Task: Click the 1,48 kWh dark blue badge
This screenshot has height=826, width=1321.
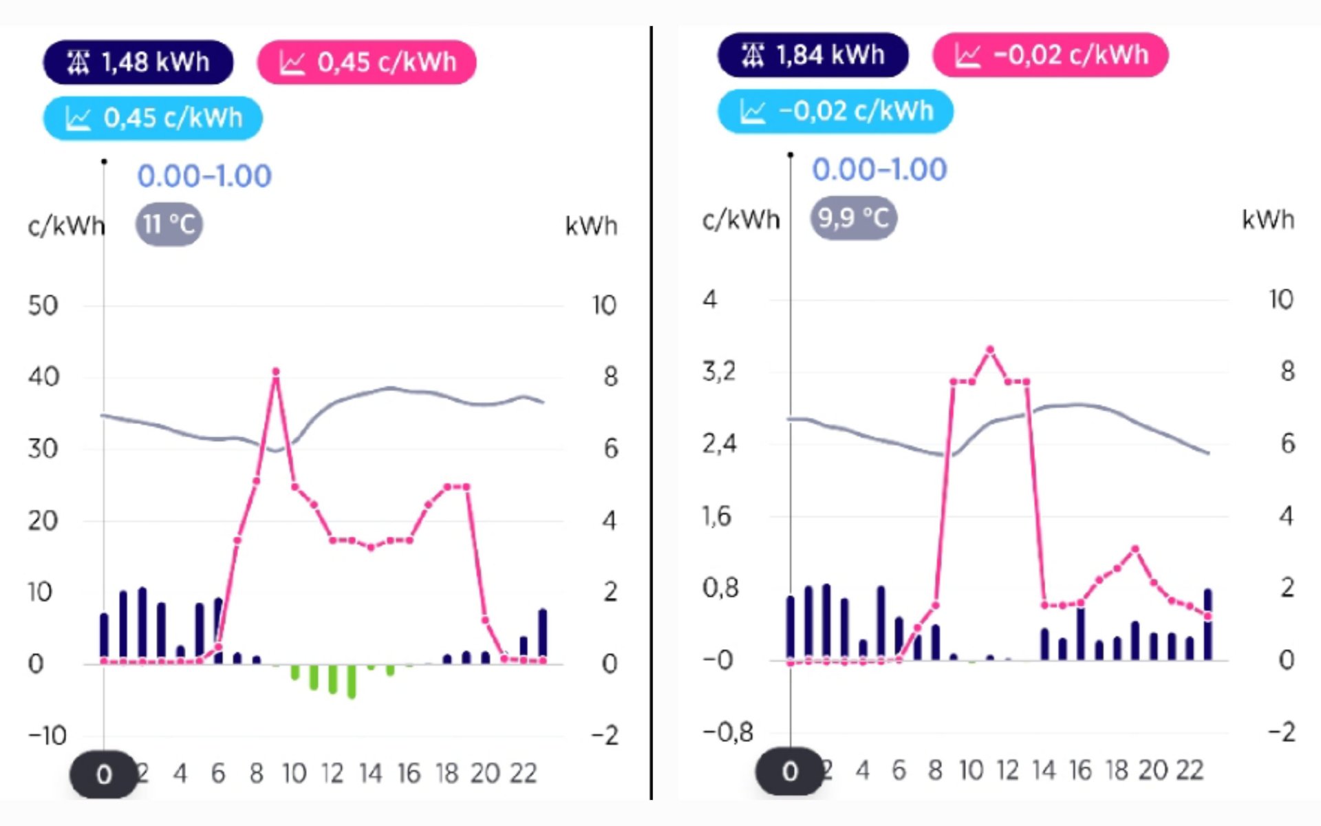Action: coord(138,62)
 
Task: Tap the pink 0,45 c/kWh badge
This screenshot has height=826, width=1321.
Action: coord(367,62)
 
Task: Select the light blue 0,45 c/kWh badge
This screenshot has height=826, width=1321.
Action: coord(153,118)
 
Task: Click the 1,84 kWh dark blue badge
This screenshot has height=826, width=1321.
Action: coord(813,55)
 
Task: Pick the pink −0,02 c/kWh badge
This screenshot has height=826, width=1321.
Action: coord(1050,55)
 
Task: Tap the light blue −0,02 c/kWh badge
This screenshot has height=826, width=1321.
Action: coord(835,112)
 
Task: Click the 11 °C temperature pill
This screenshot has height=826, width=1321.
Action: coord(169,224)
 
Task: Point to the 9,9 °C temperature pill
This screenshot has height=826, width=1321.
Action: coord(853,218)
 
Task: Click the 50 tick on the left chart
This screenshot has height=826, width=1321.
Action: coord(43,306)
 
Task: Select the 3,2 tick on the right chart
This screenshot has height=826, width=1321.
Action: coord(719,372)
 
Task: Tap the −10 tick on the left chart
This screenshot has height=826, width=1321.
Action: coord(47,736)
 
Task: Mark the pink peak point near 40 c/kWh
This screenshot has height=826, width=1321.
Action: coord(276,372)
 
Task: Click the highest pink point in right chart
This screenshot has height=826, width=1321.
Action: coord(990,350)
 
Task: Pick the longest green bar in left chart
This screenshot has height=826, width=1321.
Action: coord(352,681)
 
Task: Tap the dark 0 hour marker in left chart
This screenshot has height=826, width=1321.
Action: coord(104,774)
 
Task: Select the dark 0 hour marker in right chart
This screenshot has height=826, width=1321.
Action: coord(790,771)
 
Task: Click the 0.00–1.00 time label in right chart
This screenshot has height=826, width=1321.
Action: coord(879,170)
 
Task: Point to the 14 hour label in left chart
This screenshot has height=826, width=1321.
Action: coord(370,774)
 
